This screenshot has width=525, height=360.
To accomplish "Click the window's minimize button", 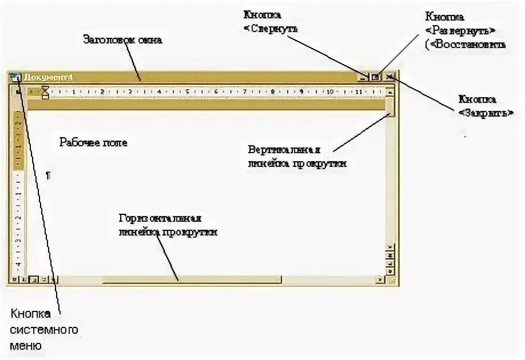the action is (363, 77).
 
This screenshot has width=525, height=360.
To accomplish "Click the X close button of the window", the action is (389, 77).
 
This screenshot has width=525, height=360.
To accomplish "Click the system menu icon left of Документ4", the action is (15, 77).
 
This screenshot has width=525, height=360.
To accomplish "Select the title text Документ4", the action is (48, 77).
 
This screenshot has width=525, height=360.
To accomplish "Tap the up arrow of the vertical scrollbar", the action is (390, 91).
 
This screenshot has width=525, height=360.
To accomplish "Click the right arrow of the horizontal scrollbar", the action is (379, 280).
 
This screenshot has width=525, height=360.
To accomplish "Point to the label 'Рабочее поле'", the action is (93, 143).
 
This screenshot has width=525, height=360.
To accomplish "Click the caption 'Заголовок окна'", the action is (122, 40).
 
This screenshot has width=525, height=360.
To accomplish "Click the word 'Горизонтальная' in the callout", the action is (159, 219).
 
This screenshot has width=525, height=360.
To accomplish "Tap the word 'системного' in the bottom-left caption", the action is (43, 330).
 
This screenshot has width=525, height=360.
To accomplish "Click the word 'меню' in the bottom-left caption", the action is (26, 345).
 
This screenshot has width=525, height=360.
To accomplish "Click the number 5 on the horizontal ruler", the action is (187, 91).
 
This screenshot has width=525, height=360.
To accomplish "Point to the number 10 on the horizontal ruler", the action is (329, 91).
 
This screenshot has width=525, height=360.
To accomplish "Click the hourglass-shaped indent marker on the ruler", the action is (45, 91).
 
